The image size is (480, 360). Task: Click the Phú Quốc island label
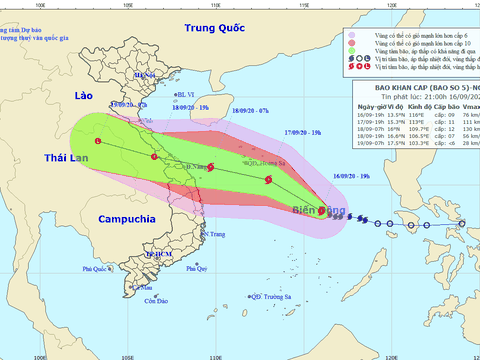(96, 269)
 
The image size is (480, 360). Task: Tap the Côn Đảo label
(153, 301)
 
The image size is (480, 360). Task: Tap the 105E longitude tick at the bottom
(126, 354)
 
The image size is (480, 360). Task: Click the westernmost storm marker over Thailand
(98, 143)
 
